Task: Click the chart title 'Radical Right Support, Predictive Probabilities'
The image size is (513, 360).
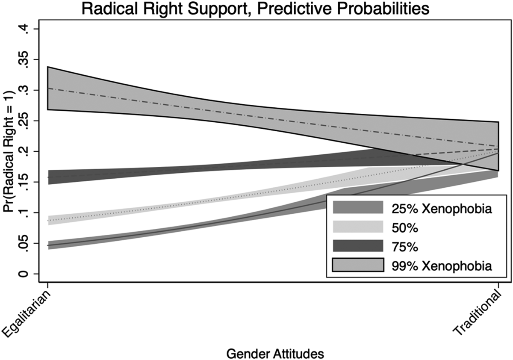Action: (x=255, y=9)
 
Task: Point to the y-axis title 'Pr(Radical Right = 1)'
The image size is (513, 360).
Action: (x=9, y=152)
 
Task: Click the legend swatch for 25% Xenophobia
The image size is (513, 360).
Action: (x=358, y=207)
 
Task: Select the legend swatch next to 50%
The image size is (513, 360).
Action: (x=358, y=227)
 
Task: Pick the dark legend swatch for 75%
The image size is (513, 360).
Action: (x=358, y=246)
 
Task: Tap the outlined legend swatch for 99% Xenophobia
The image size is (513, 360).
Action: (x=358, y=265)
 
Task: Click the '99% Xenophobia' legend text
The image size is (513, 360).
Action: (x=442, y=266)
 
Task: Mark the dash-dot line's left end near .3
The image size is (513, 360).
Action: (x=48, y=88)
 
